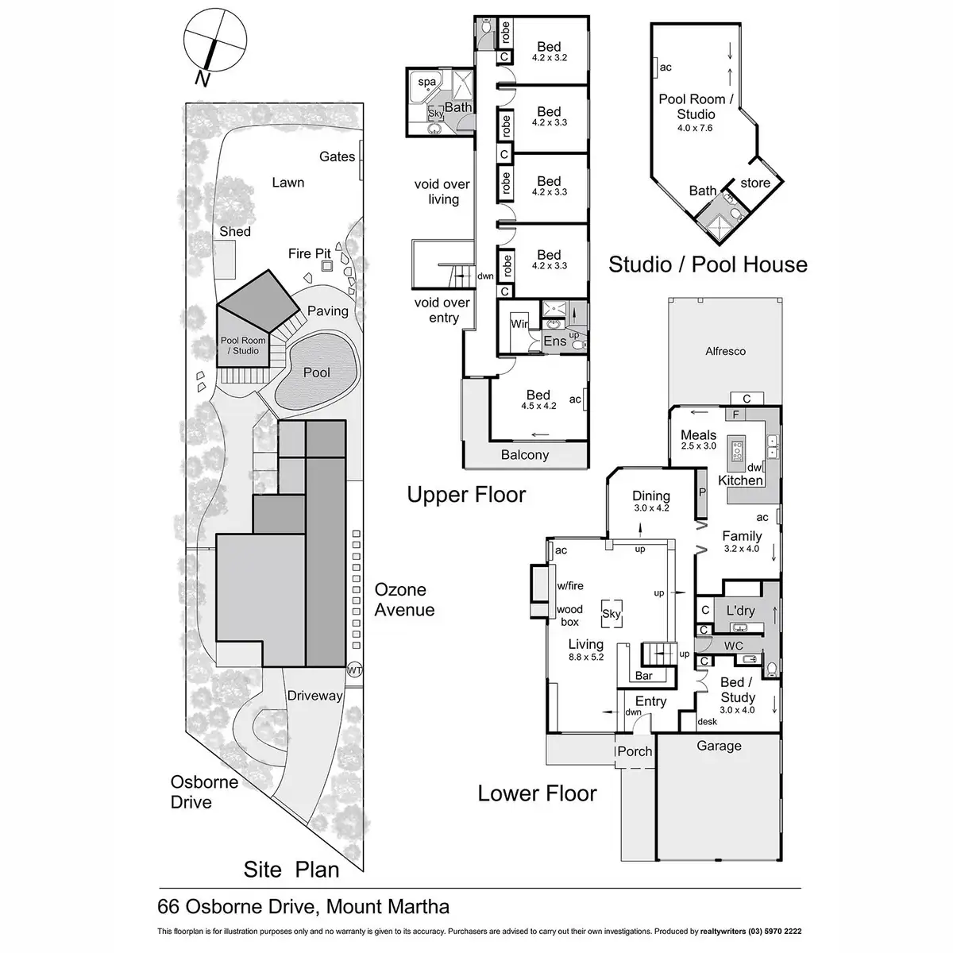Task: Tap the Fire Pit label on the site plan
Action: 309,253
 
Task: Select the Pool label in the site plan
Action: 316,372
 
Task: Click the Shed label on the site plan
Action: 235,231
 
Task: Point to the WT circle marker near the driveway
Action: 354,670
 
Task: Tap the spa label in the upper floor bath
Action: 427,82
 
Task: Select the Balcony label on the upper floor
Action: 525,455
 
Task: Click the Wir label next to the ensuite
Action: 519,324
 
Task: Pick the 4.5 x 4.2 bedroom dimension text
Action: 538,406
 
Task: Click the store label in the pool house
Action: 755,183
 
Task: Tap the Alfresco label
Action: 725,350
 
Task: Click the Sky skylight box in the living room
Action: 611,614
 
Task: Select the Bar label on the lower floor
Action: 644,676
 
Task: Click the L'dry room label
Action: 740,611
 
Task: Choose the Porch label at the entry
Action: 635,751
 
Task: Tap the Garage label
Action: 719,746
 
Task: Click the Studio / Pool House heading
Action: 708,264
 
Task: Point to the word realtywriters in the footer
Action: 726,931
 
